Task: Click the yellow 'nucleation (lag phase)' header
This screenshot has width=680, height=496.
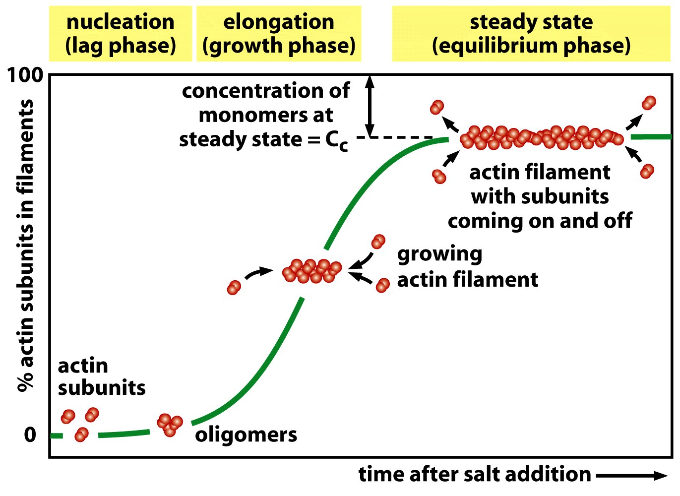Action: point(121,34)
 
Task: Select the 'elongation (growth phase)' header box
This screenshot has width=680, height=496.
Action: point(279,34)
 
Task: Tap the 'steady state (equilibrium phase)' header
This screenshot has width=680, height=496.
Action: point(531,34)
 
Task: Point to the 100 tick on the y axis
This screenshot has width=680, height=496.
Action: point(25,75)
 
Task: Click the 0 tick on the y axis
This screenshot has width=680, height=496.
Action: point(30,434)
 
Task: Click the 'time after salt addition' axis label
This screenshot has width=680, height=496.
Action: point(475,474)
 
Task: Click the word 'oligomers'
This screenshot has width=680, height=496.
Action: point(246,434)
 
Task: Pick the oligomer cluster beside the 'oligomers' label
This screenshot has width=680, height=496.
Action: point(170,425)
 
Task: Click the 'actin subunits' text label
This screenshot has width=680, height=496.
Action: point(101,376)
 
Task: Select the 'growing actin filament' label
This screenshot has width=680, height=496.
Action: point(467,267)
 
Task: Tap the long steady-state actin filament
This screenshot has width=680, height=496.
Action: point(541,137)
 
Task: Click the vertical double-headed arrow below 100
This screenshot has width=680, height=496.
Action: point(369,106)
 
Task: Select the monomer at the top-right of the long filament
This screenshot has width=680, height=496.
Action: point(649,103)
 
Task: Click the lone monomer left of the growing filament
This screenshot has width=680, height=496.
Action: point(234,287)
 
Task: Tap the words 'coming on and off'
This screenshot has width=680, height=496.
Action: point(540,220)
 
